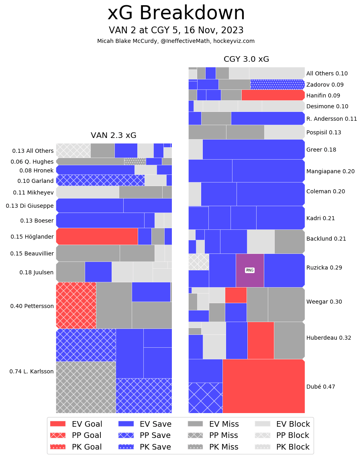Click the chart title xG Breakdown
click(176, 14)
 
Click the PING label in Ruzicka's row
click(250, 270)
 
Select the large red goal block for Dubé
click(263, 386)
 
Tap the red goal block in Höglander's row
click(97, 236)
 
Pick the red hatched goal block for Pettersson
click(76, 305)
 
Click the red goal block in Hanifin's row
click(273, 95)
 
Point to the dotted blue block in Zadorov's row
click(277, 84)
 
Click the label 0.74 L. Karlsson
click(31, 371)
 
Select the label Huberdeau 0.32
click(328, 338)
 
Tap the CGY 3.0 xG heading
click(246, 59)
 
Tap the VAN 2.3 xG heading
click(114, 136)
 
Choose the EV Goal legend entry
click(76, 424)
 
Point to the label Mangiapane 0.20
click(330, 171)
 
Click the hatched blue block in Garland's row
click(100, 180)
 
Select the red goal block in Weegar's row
click(236, 295)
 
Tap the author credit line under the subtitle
click(176, 41)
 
